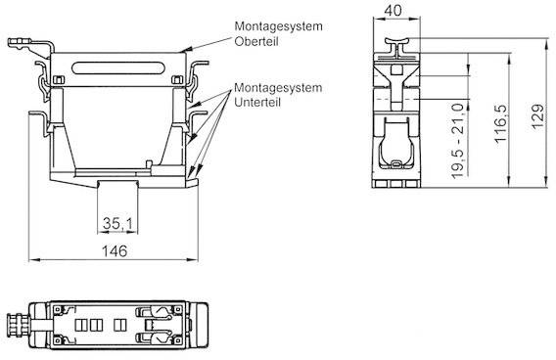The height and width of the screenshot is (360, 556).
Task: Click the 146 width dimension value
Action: click(x=116, y=250)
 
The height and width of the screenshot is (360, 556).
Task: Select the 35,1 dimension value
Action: click(x=115, y=224)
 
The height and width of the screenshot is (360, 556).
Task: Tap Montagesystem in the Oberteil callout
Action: click(x=277, y=25)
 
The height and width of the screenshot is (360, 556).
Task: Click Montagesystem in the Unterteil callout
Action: click(x=277, y=87)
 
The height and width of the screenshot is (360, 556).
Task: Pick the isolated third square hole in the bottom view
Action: click(x=119, y=323)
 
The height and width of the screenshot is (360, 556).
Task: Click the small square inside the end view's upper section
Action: click(x=395, y=69)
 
